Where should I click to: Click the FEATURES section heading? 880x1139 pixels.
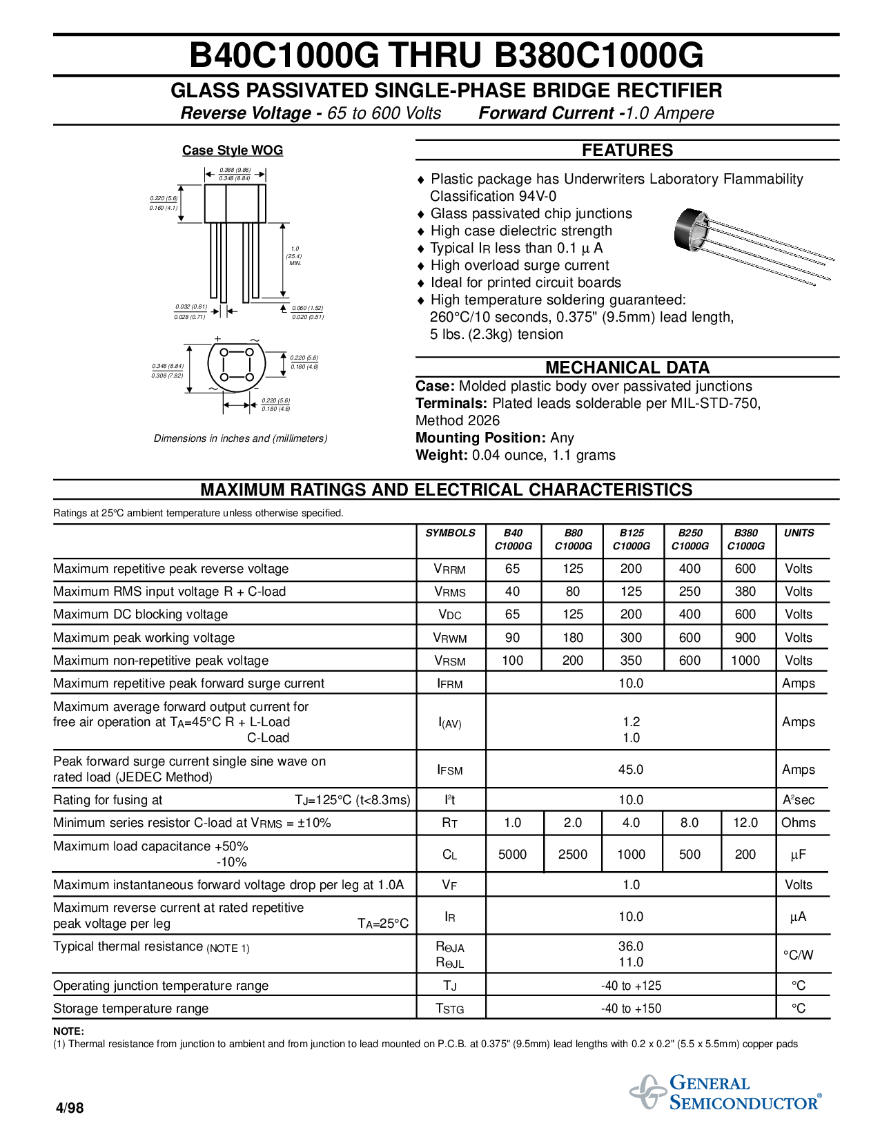point(627,150)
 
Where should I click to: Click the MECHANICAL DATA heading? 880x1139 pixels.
point(627,367)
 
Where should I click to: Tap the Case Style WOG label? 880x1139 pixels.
point(233,150)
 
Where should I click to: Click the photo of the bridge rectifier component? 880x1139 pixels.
point(752,245)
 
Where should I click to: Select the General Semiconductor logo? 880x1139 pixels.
point(725,1092)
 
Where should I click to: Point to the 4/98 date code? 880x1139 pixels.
point(70,1108)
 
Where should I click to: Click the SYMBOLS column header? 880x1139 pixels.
point(450,533)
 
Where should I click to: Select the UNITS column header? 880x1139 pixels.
point(799,533)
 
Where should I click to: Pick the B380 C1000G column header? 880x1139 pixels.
point(745,539)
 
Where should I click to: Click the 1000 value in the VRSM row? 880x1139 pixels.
point(745,661)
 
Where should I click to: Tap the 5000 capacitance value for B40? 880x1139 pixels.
point(512,855)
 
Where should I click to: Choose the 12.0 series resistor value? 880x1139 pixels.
point(745,823)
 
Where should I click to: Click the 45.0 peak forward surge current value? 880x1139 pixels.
point(631,770)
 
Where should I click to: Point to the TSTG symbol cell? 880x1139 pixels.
point(450,1009)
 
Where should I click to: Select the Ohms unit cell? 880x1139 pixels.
point(799,823)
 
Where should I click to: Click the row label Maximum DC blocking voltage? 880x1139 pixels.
point(140,614)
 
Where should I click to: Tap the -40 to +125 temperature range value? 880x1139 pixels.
point(631,986)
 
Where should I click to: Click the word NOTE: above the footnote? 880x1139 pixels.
point(68,1031)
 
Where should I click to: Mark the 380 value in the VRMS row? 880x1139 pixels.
point(745,592)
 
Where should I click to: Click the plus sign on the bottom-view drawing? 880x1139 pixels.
point(218,339)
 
